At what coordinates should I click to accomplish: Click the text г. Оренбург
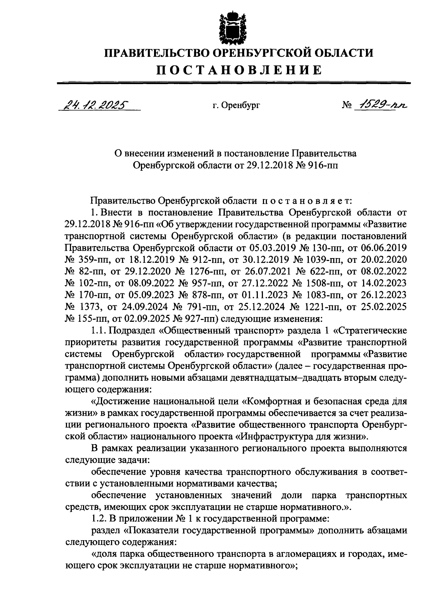coord(237,106)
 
